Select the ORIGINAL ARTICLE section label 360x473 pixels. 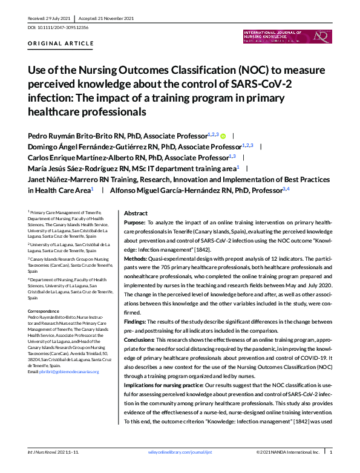pos(61,44)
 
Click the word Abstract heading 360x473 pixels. pos(136,214)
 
